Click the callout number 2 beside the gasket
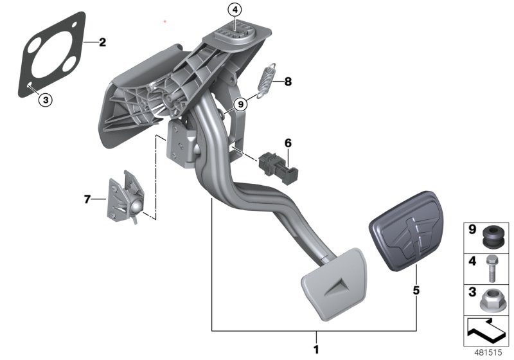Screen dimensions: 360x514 coord(102,43)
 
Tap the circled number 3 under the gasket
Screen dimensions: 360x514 coord(44,99)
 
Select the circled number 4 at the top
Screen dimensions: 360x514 coord(235,10)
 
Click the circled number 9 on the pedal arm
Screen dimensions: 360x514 coord(241,104)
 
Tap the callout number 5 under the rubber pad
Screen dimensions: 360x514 coord(416,291)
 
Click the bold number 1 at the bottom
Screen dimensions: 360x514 coord(315,350)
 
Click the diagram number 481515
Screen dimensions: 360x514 coord(488,352)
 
